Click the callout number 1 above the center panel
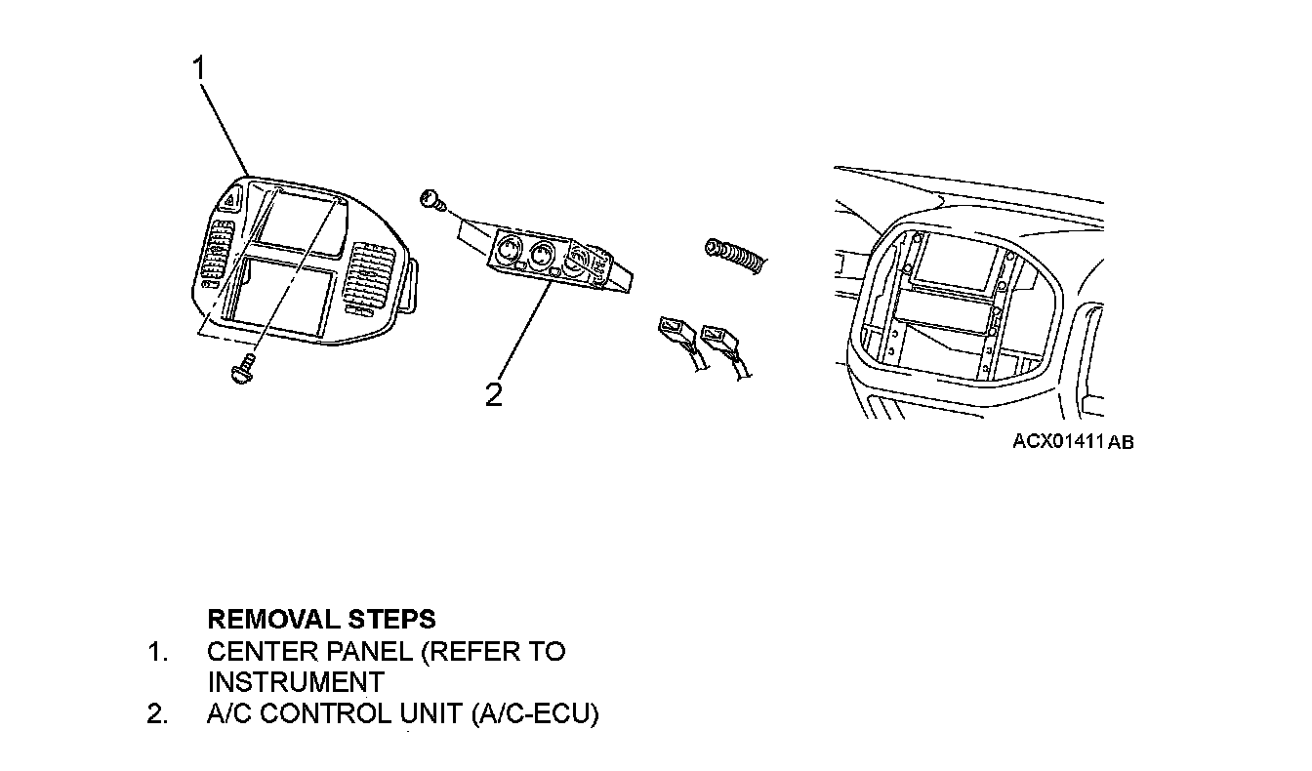200,68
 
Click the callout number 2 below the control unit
495,394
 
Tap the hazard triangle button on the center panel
230,203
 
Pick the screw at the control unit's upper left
430,202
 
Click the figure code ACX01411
1058,441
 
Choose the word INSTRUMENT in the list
295,681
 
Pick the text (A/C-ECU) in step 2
534,713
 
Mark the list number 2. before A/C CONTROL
156,713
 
